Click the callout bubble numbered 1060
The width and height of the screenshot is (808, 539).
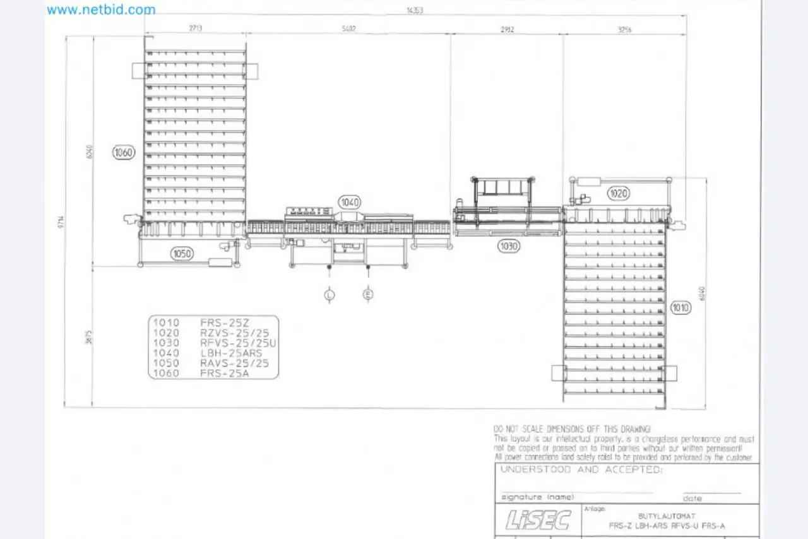tap(124, 152)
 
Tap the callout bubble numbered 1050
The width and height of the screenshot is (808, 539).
tap(182, 254)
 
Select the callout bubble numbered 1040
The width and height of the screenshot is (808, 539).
tap(350, 203)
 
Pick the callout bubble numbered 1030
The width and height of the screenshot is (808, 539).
tap(509, 246)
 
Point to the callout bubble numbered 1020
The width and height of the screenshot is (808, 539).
tap(619, 193)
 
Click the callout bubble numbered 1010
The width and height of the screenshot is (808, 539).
tap(681, 307)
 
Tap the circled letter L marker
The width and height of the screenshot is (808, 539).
tap(330, 294)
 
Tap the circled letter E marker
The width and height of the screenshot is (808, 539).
tap(368, 294)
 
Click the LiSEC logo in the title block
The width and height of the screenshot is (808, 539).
tap(538, 520)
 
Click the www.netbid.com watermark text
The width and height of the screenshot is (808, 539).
tap(101, 9)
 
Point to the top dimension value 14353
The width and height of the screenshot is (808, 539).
tap(415, 9)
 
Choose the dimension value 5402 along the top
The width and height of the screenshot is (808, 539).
tap(348, 28)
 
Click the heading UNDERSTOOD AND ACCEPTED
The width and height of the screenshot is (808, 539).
tap(581, 470)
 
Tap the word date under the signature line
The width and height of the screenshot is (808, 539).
tap(692, 498)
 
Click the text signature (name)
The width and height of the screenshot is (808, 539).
tap(538, 497)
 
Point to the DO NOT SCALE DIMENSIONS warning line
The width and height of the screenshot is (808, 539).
tap(572, 429)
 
